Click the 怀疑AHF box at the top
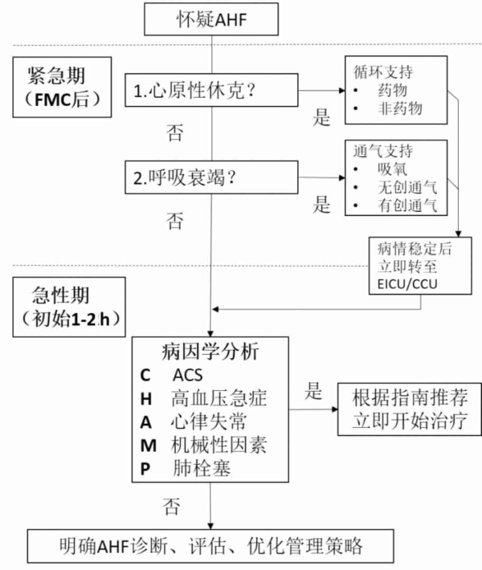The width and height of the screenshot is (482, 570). (x=211, y=19)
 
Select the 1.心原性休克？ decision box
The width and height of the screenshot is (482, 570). (x=211, y=90)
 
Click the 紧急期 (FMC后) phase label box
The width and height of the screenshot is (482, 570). (x=62, y=87)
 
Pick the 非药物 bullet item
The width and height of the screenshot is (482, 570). (x=400, y=109)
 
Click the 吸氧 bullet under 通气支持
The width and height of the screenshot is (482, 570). (x=392, y=169)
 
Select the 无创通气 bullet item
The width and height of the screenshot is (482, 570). (x=407, y=187)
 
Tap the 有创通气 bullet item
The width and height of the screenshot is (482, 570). (x=407, y=205)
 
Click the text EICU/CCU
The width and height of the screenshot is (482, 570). (x=407, y=284)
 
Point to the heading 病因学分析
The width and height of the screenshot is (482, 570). (x=210, y=351)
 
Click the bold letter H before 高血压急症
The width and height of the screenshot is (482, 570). (x=146, y=399)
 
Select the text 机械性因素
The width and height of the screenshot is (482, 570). (x=218, y=445)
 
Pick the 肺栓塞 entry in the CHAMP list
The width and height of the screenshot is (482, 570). (x=201, y=469)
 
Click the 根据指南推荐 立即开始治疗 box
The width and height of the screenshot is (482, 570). (x=410, y=409)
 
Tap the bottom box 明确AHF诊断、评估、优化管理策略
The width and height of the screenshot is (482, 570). (x=211, y=546)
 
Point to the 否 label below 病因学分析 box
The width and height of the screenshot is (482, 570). (x=172, y=507)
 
